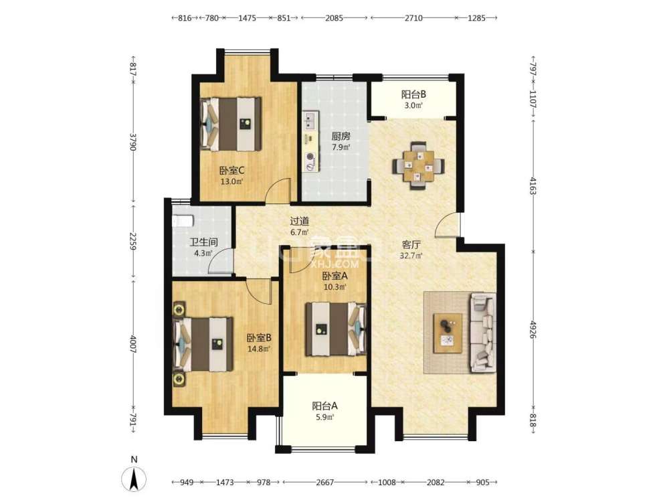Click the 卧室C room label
pyautogui.click(x=231, y=170)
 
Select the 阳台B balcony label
pyautogui.click(x=413, y=94)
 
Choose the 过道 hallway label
pyautogui.click(x=299, y=221)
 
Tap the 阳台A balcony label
pyautogui.click(x=324, y=405)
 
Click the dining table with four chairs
pyautogui.click(x=417, y=165)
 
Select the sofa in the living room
pyautogui.click(x=481, y=331)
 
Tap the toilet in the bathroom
pyautogui.click(x=183, y=220)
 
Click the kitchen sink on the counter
pyautogui.click(x=310, y=122)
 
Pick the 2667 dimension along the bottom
pyautogui.click(x=324, y=481)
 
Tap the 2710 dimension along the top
pyautogui.click(x=413, y=18)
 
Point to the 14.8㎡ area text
pyautogui.click(x=258, y=349)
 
